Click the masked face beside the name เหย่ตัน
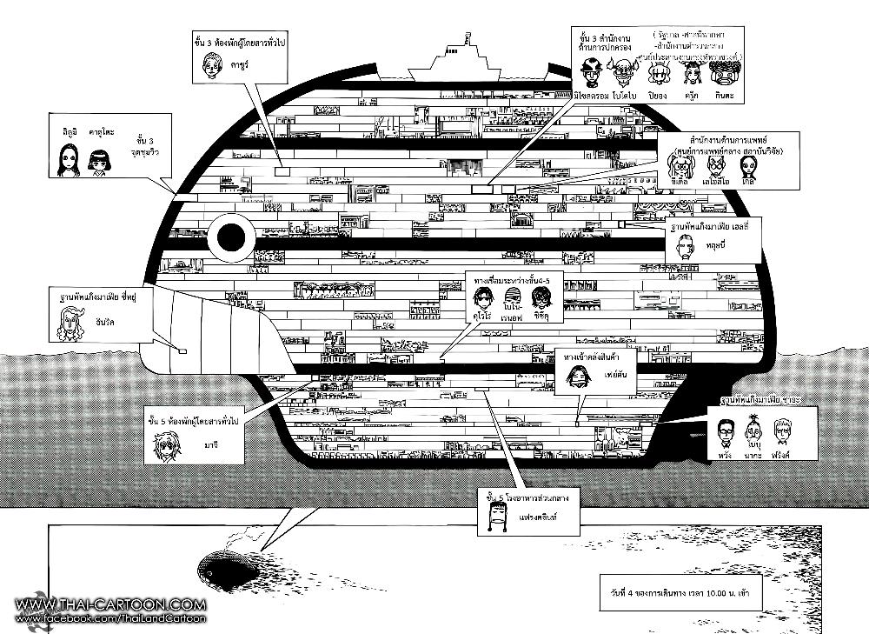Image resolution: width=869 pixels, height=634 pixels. pos(574,375)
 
